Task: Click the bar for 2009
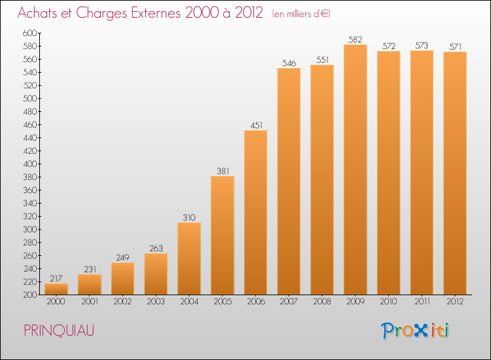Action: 355,170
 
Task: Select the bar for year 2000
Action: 56,289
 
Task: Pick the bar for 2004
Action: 189,259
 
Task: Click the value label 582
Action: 355,39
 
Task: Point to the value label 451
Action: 256,125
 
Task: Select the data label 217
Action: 56,278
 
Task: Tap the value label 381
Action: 223,171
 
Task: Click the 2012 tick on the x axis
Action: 455,301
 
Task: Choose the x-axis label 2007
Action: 289,301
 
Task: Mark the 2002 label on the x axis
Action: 122,301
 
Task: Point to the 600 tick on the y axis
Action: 31,33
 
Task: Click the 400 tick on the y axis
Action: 31,164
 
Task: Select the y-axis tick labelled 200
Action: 31,295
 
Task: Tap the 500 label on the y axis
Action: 31,98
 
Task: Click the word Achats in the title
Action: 38,13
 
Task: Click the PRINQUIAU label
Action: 58,331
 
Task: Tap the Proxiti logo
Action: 415,331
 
